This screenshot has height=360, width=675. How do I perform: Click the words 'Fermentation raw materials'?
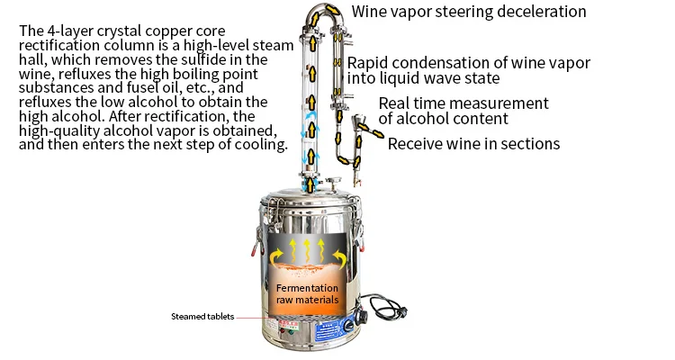(x=307, y=293)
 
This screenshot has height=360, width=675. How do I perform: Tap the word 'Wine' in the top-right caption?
(x=369, y=13)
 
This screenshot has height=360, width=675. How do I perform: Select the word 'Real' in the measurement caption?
(x=395, y=103)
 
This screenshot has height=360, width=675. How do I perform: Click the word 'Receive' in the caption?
(x=416, y=144)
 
